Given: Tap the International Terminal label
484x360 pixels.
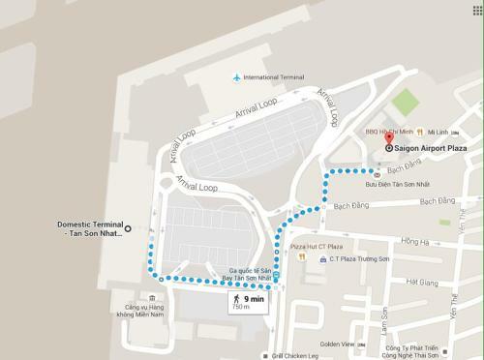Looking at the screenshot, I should tap(274, 77).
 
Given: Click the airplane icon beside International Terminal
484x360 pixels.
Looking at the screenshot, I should tap(235, 77).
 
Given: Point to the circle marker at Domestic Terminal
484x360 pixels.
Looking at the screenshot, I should tap(152, 230).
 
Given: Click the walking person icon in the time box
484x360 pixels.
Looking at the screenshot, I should tap(235, 300).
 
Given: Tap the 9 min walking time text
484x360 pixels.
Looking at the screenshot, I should tap(254, 300).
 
